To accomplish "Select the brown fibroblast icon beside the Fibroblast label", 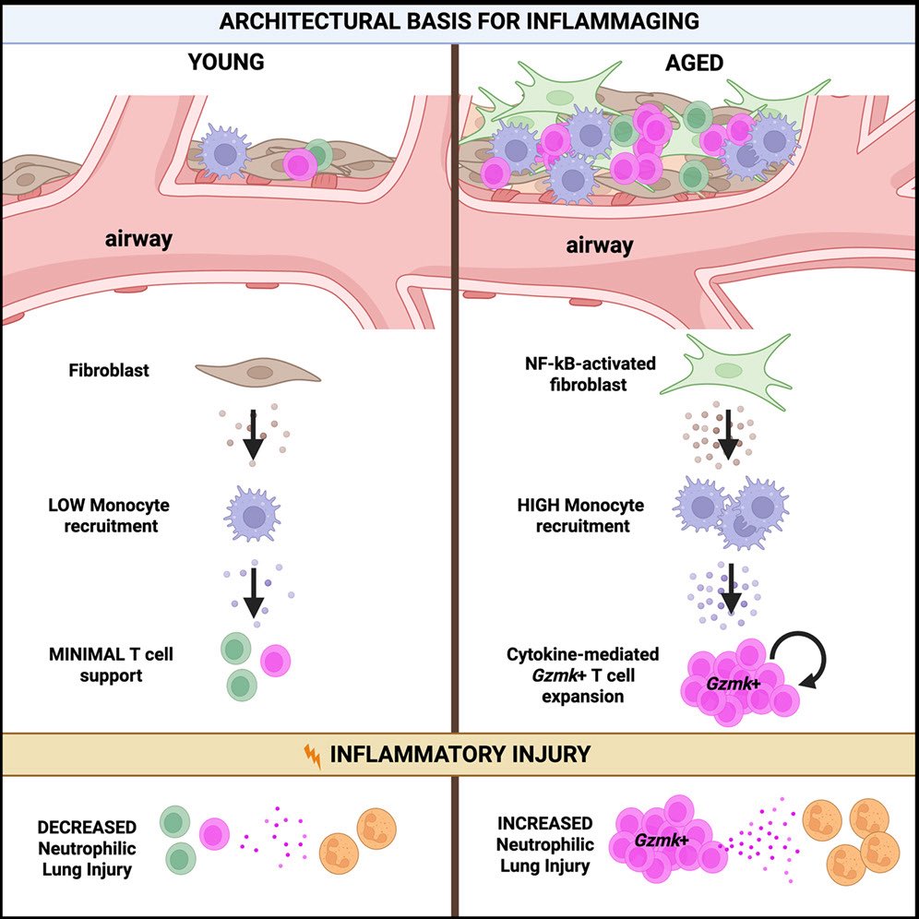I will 258,373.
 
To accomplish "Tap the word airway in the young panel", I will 139,241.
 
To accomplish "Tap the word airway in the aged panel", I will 600,245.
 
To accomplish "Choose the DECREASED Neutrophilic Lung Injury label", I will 88,847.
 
